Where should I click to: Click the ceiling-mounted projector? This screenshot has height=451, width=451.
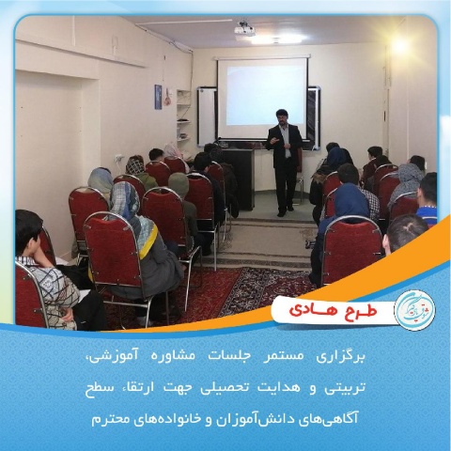point(245,28)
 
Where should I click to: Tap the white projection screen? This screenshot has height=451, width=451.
point(262,99)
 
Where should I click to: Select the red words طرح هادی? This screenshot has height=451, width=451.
point(334,309)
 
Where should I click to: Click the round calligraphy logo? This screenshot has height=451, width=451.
point(414,309)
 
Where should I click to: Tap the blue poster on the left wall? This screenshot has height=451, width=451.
point(158,97)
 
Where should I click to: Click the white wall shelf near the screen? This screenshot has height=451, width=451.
point(183,116)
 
